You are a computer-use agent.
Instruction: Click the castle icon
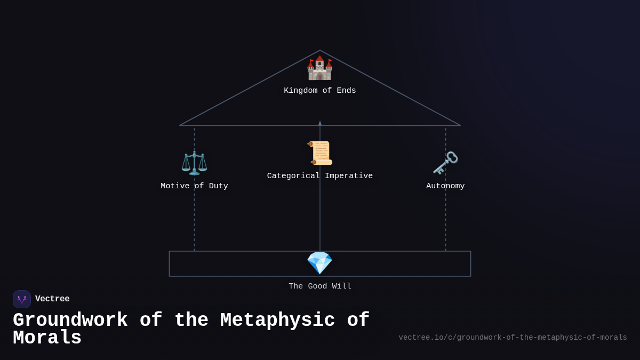319,68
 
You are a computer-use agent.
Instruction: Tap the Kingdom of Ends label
320,91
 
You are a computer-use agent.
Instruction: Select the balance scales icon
194,163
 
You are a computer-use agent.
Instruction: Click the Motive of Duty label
194,186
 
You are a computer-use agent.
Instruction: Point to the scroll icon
320,153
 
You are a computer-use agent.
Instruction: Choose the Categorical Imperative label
320,176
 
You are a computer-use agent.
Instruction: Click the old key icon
445,163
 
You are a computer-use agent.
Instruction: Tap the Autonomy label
445,186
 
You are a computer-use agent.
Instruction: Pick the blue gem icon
319,263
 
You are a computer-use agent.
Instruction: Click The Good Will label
320,286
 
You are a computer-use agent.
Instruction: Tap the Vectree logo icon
22,299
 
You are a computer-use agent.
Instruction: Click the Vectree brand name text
52,299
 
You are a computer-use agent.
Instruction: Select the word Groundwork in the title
70,321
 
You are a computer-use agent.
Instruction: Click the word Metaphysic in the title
277,321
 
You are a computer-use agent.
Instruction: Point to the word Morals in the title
47,338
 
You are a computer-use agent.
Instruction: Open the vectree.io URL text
513,338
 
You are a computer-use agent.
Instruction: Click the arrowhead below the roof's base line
320,123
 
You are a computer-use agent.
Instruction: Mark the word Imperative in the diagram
349,176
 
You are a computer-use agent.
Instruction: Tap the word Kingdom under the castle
301,91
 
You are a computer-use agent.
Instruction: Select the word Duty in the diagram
218,186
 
